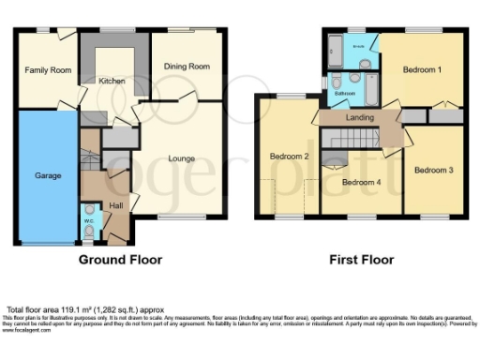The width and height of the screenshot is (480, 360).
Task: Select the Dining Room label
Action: pyautogui.click(x=186, y=67)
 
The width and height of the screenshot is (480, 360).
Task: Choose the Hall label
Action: pyautogui.click(x=115, y=204)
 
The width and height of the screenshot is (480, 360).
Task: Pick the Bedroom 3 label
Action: pyautogui.click(x=433, y=170)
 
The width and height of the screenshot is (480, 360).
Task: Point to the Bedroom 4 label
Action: pyautogui.click(x=359, y=182)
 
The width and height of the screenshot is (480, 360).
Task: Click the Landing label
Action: pyautogui.click(x=361, y=117)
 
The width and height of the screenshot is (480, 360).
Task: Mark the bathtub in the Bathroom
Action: pyautogui.click(x=369, y=92)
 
